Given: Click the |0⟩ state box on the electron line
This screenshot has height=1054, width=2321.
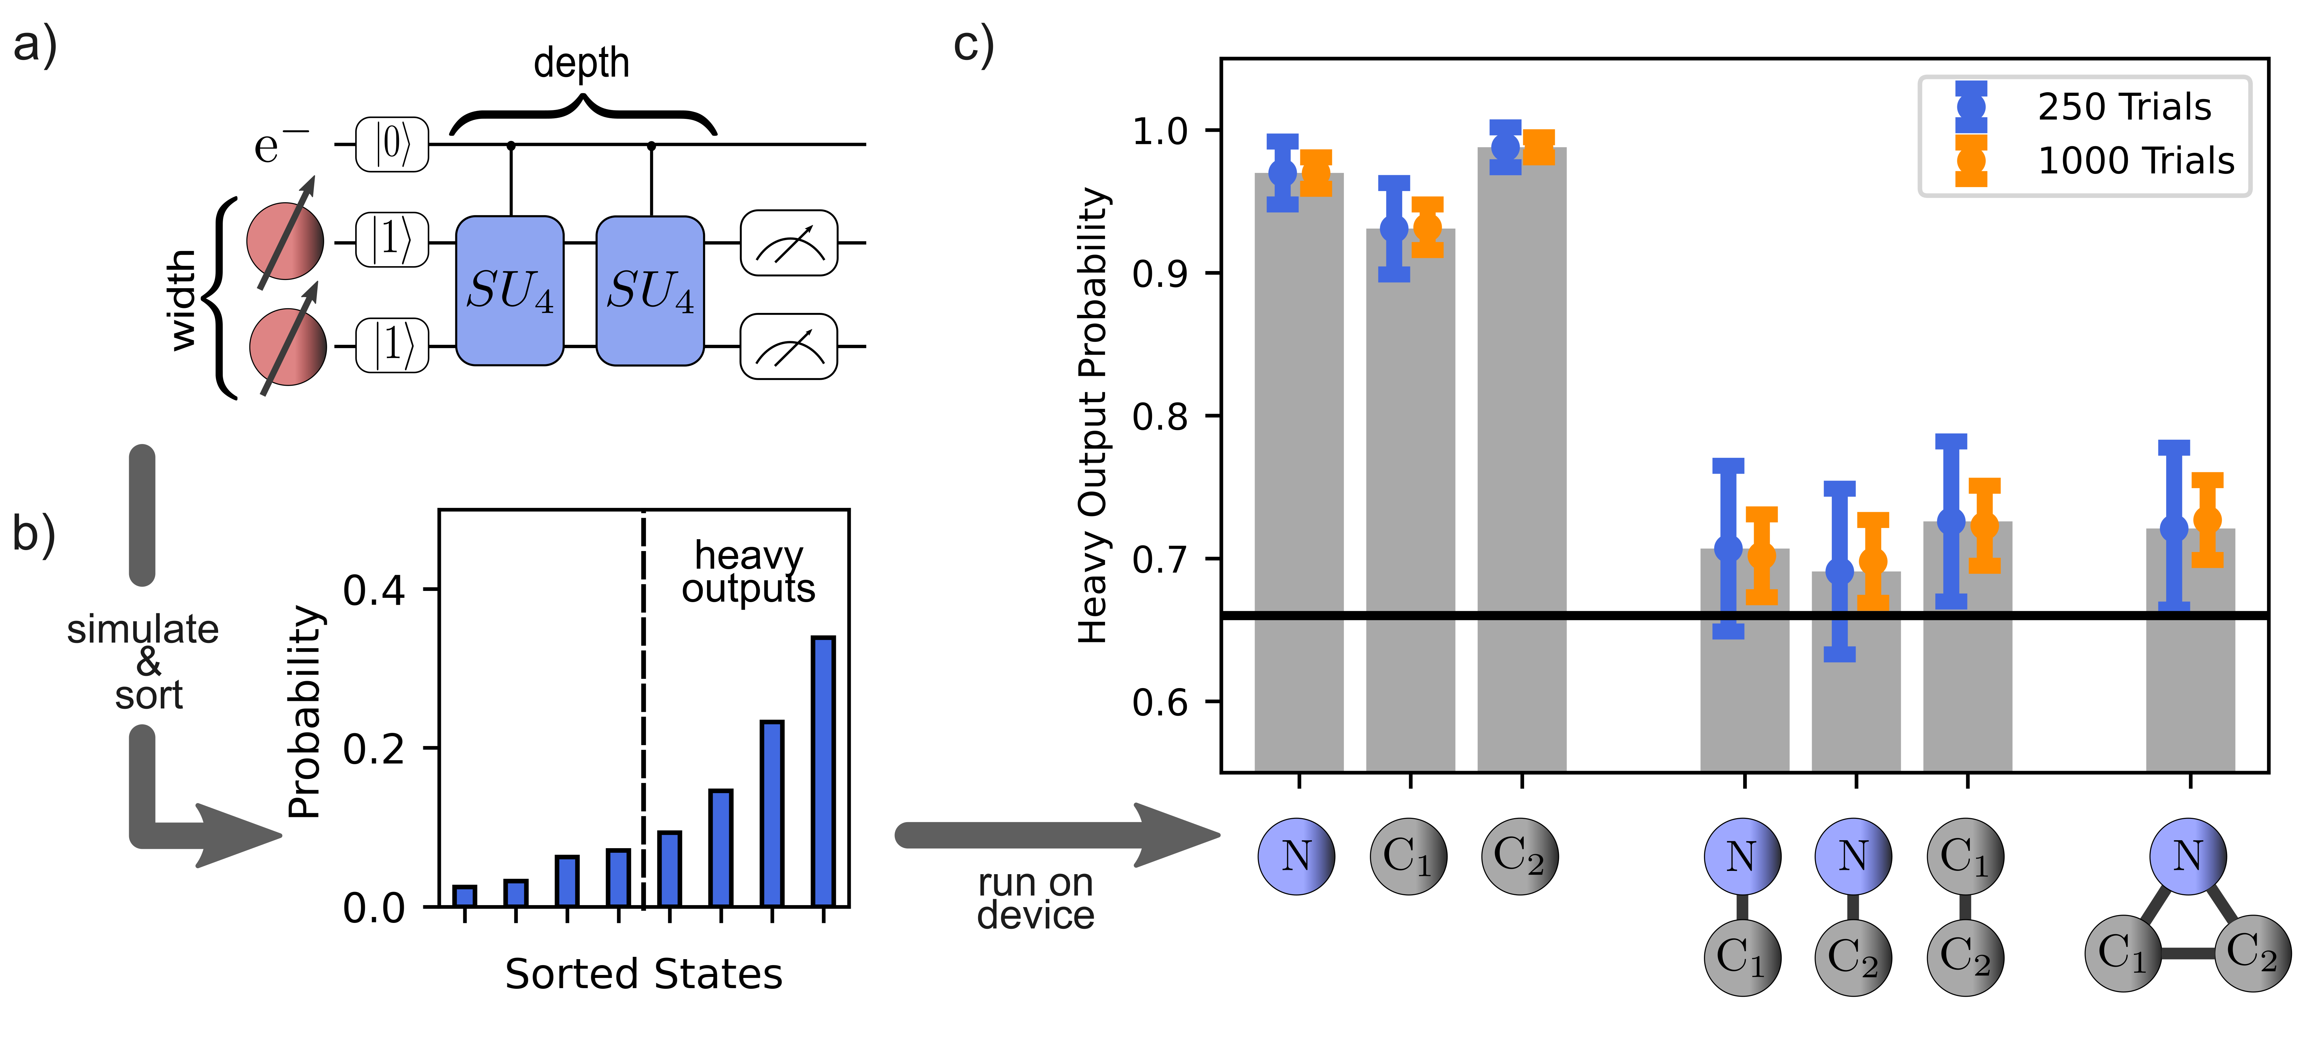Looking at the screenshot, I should pyautogui.click(x=392, y=144).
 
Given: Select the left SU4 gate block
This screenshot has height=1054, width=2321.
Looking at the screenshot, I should pyautogui.click(x=510, y=291).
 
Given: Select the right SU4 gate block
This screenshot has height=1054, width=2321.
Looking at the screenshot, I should pyautogui.click(x=651, y=291).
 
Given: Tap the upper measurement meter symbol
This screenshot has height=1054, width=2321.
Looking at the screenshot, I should pyautogui.click(x=788, y=243).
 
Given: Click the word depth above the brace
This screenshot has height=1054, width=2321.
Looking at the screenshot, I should pyautogui.click(x=581, y=63).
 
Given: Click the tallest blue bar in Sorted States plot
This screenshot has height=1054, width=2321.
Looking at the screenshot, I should pyautogui.click(x=824, y=770).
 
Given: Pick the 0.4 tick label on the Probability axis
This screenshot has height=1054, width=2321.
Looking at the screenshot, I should pyautogui.click(x=374, y=590).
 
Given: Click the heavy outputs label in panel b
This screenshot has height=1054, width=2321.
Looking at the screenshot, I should pyautogui.click(x=748, y=572).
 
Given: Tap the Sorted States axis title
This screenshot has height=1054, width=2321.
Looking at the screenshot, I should pyautogui.click(x=643, y=974).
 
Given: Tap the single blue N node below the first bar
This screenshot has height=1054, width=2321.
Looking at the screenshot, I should pyautogui.click(x=1296, y=856).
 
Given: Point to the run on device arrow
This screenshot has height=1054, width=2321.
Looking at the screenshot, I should pyautogui.click(x=1054, y=835).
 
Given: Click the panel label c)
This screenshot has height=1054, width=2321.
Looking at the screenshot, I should pyautogui.click(x=973, y=45).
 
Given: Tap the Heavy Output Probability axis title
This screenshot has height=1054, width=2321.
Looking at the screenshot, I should pyautogui.click(x=1093, y=414).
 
